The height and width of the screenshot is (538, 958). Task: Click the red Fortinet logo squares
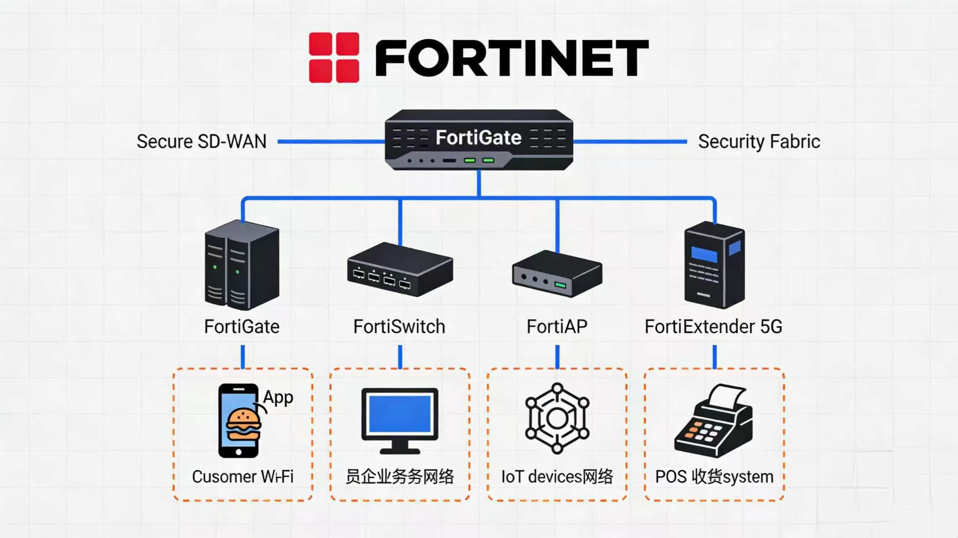pos(334,58)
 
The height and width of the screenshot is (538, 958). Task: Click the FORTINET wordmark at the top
pos(512,58)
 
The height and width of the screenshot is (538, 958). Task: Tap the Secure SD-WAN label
pos(202,142)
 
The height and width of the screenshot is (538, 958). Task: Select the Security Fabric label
pos(759,142)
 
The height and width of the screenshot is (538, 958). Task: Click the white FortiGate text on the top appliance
pos(479,137)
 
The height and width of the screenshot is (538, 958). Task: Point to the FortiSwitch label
pos(399,327)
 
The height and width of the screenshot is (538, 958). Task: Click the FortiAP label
pos(557,327)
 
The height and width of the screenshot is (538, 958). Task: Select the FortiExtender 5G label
pos(713,327)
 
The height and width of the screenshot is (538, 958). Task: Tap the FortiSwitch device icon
pos(400,270)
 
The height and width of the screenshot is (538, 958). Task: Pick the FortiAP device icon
pos(557,274)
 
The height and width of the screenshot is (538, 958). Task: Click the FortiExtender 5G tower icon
pos(714,266)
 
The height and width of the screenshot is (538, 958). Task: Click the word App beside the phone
pos(278,397)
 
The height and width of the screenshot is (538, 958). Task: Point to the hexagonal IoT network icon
pos(557,419)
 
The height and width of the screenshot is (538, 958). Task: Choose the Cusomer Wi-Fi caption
pos(242,477)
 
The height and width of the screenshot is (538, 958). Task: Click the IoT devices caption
pos(557,477)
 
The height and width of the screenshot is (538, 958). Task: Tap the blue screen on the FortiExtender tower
pos(704,255)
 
